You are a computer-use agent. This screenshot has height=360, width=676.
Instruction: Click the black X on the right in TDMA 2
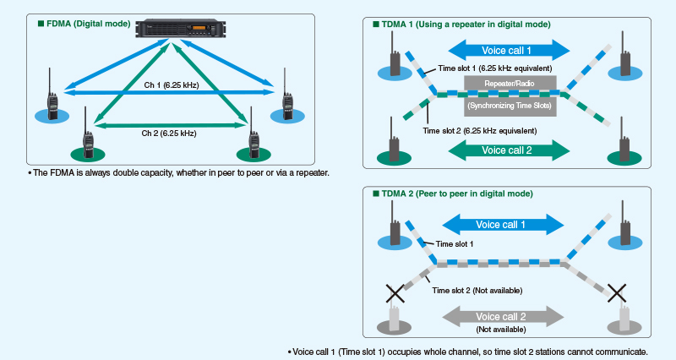pyautogui.click(x=618, y=293)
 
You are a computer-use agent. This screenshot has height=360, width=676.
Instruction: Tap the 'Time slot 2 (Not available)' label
pyautogui.click(x=477, y=290)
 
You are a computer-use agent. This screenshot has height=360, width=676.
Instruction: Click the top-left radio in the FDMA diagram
pyautogui.click(x=52, y=105)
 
